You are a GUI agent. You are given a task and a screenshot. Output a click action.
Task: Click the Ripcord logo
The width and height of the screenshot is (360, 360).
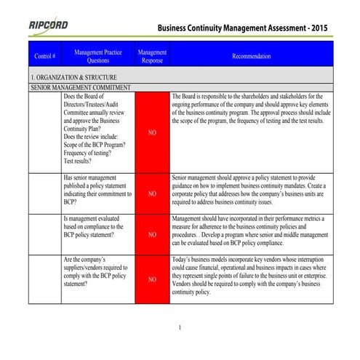pyautogui.click(x=49, y=25)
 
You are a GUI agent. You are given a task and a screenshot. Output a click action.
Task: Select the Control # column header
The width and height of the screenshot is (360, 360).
pyautogui.click(x=45, y=56)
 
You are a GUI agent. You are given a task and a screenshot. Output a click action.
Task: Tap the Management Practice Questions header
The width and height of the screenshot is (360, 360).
pyautogui.click(x=98, y=56)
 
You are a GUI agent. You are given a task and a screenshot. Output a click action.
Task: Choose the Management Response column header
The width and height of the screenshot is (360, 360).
pyautogui.click(x=152, y=56)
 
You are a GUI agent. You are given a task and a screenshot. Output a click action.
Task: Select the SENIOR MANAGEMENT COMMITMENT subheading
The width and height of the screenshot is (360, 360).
pyautogui.click(x=81, y=87)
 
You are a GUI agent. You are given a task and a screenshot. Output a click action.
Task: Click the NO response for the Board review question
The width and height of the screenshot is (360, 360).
pyautogui.click(x=152, y=132)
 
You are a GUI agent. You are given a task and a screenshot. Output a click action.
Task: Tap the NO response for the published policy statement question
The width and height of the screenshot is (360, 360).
pyautogui.click(x=152, y=194)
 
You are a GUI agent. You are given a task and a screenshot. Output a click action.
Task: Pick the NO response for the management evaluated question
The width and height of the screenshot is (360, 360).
pyautogui.click(x=152, y=235)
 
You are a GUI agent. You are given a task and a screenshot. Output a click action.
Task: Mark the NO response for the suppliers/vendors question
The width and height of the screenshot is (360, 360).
pyautogui.click(x=152, y=279)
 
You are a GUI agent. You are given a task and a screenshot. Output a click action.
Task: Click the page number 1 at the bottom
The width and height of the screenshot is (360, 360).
pyautogui.click(x=180, y=328)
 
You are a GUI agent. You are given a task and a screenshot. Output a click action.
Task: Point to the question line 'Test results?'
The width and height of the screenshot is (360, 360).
pyautogui.click(x=82, y=162)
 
